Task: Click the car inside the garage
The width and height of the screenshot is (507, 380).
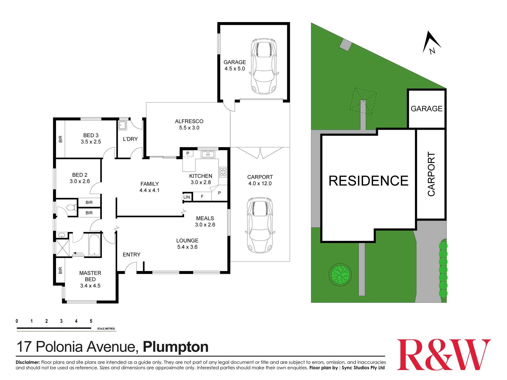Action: click(264, 66)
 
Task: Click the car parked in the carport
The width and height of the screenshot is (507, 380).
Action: click(260, 225)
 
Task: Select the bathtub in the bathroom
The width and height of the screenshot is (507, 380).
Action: click(94, 245)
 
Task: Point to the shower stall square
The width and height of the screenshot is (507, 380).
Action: click(62, 248)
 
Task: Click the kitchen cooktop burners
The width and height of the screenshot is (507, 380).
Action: click(223, 172)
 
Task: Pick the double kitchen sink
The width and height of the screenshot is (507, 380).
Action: click(208, 154)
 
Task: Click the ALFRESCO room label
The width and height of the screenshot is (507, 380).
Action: click(189, 121)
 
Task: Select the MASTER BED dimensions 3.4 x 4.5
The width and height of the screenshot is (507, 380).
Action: click(90, 286)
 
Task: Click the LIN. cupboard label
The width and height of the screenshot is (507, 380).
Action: click(187, 197)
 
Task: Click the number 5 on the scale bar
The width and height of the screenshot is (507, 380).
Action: click(91, 321)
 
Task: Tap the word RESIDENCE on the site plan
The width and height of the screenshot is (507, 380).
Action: click(368, 181)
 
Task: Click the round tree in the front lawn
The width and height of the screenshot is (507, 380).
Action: click(340, 274)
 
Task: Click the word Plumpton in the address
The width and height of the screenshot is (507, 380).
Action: click(175, 347)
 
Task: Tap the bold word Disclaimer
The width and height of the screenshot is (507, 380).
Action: click(28, 362)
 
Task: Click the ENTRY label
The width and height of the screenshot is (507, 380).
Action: click(132, 255)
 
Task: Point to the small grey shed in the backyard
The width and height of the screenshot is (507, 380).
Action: click(346, 45)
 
